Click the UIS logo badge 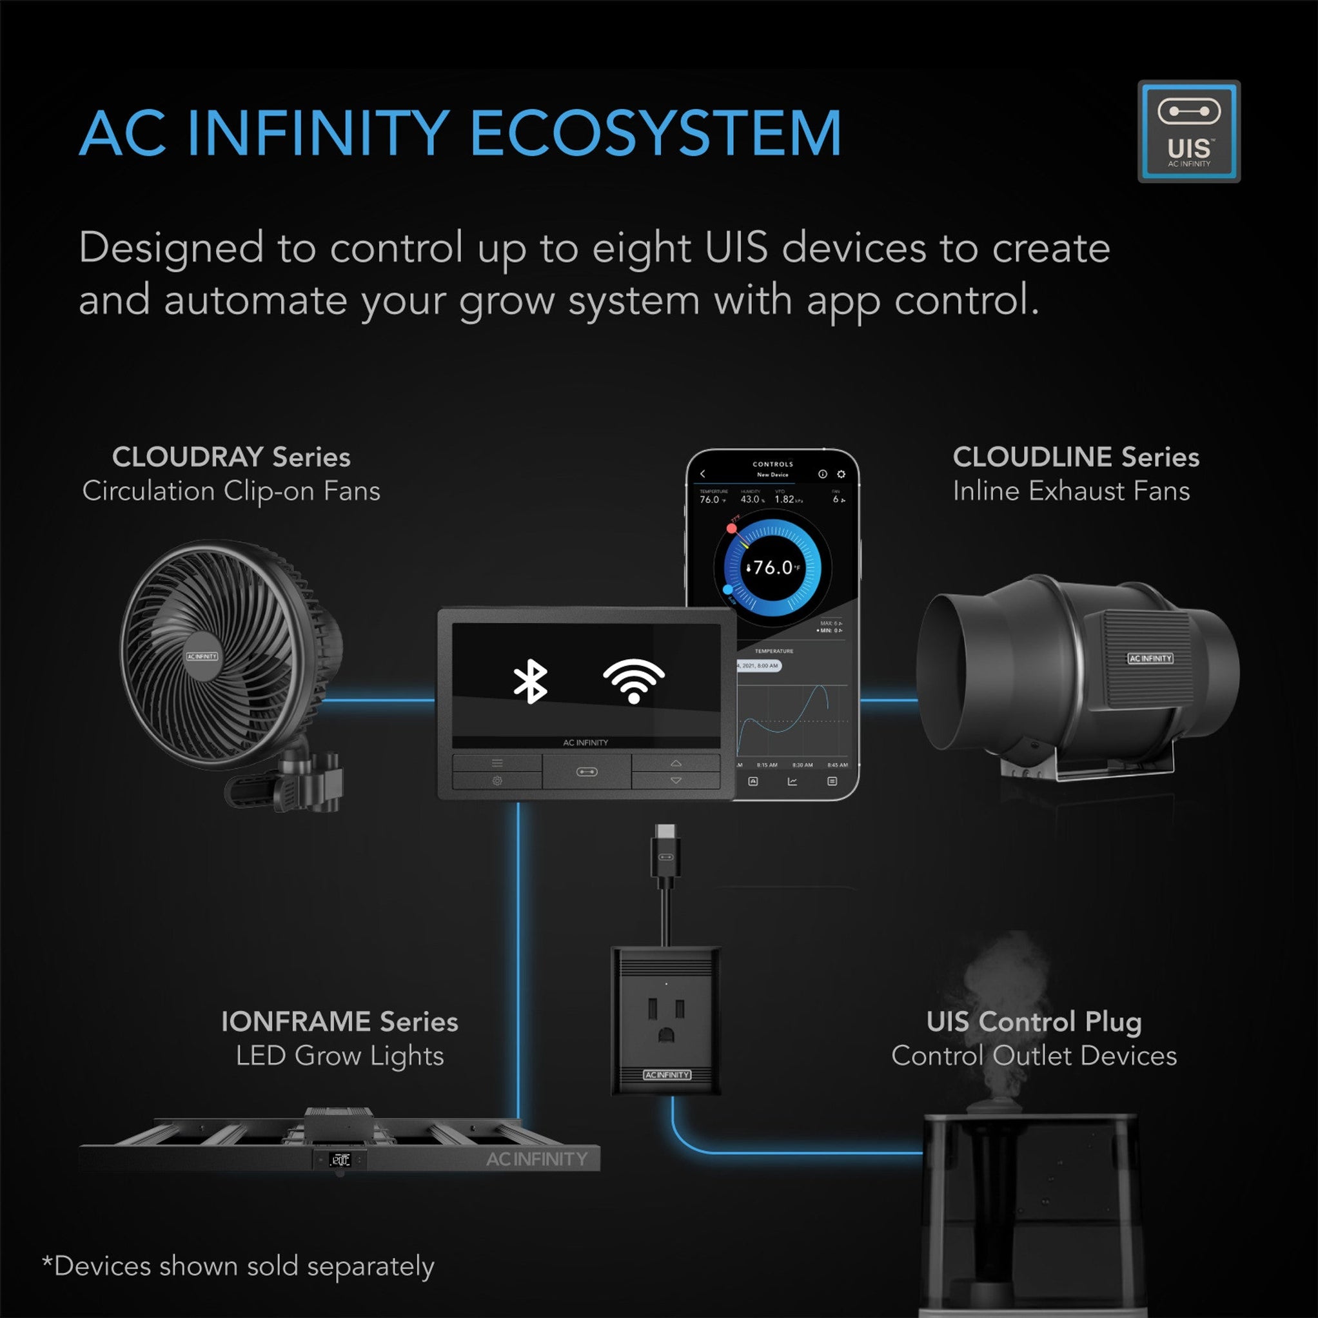coord(1188,131)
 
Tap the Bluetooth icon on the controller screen coord(530,681)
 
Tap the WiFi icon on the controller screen coord(633,681)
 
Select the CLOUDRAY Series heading coord(231,457)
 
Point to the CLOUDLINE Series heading coord(1075,457)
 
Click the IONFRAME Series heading coord(339,1022)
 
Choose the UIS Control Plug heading coord(1034,1022)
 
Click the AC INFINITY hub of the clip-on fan coord(202,656)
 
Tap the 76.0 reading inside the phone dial coord(773,567)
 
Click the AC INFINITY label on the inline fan coord(1150,658)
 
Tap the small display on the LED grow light coord(340,1159)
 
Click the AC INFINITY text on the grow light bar coord(536,1159)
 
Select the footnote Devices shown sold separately coord(239,1266)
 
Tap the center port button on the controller coord(587,772)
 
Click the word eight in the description coord(641,249)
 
